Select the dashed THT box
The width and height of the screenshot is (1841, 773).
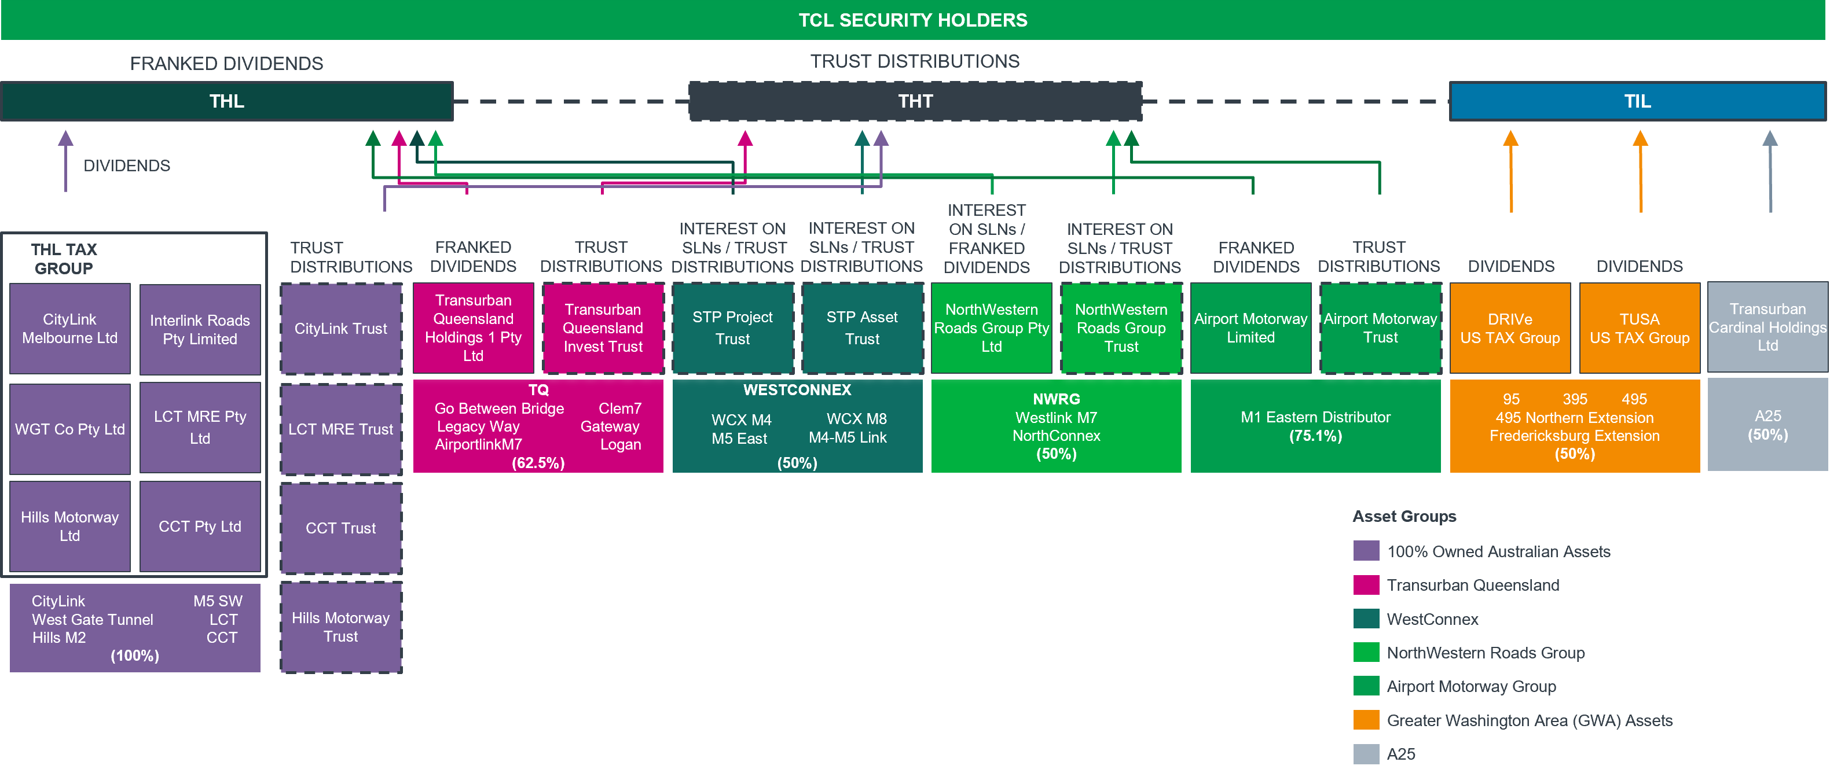(x=915, y=101)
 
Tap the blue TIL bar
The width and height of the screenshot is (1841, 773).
(x=1637, y=101)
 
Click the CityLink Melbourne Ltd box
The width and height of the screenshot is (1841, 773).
(x=70, y=329)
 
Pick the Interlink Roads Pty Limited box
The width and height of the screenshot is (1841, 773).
(x=200, y=329)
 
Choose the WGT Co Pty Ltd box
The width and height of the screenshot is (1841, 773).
(x=70, y=429)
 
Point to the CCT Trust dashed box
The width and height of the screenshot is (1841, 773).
(x=341, y=528)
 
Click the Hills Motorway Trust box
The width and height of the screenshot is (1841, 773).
(x=341, y=627)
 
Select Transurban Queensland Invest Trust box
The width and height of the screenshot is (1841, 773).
(x=603, y=328)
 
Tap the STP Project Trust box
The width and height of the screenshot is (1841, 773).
(x=732, y=328)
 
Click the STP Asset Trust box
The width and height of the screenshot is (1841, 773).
(x=863, y=328)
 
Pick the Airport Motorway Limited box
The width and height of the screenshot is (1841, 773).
(x=1250, y=328)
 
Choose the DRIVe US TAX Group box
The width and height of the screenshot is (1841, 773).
(x=1510, y=328)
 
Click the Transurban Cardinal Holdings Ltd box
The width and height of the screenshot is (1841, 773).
(x=1767, y=327)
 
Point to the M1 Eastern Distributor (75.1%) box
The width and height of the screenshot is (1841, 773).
(x=1315, y=426)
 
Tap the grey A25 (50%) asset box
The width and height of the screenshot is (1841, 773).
(x=1767, y=425)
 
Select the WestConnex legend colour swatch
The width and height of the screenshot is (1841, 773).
(x=1366, y=618)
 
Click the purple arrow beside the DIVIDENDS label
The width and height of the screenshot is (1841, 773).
(x=66, y=161)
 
